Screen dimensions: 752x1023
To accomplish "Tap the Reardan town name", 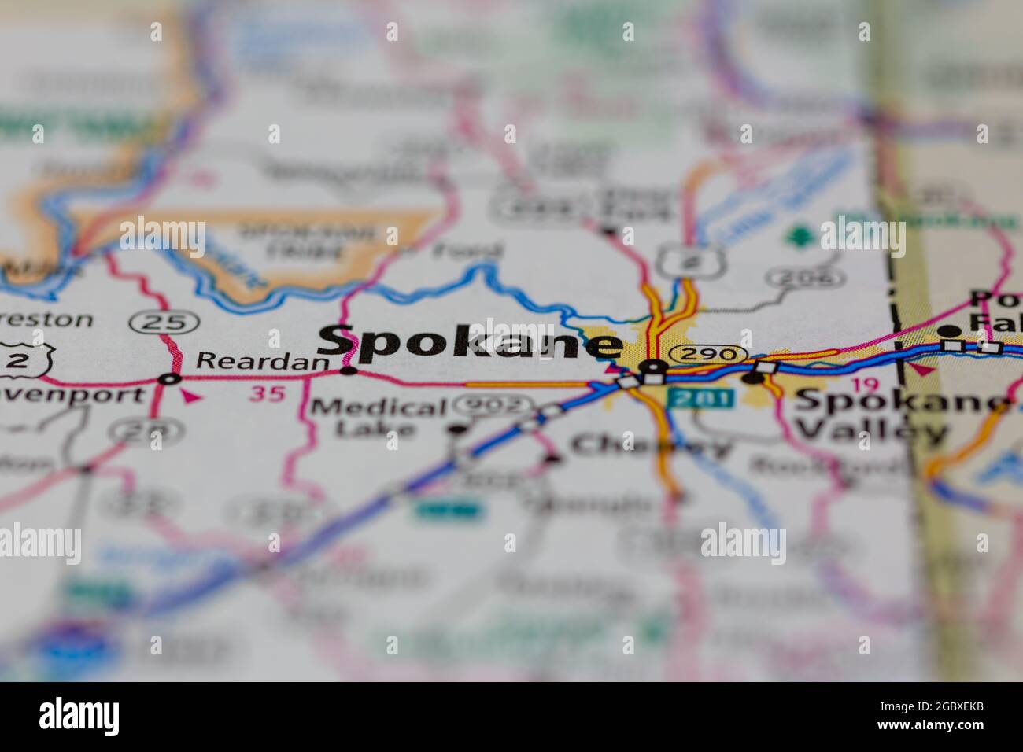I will [261, 361].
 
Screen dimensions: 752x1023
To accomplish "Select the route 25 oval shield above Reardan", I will [165, 321].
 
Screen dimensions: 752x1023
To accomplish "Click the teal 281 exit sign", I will [700, 398].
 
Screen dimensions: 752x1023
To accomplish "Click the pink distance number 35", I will [267, 393].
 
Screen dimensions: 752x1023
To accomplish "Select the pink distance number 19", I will [870, 385].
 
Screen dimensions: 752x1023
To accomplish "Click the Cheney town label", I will [650, 446].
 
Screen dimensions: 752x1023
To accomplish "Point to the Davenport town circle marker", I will [168, 380].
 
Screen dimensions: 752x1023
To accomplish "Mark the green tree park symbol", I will [800, 235].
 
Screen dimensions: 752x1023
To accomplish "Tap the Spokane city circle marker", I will [652, 366].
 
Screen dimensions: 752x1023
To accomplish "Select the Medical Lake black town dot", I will [458, 429].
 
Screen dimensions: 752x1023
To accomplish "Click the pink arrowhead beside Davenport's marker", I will [189, 396].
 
